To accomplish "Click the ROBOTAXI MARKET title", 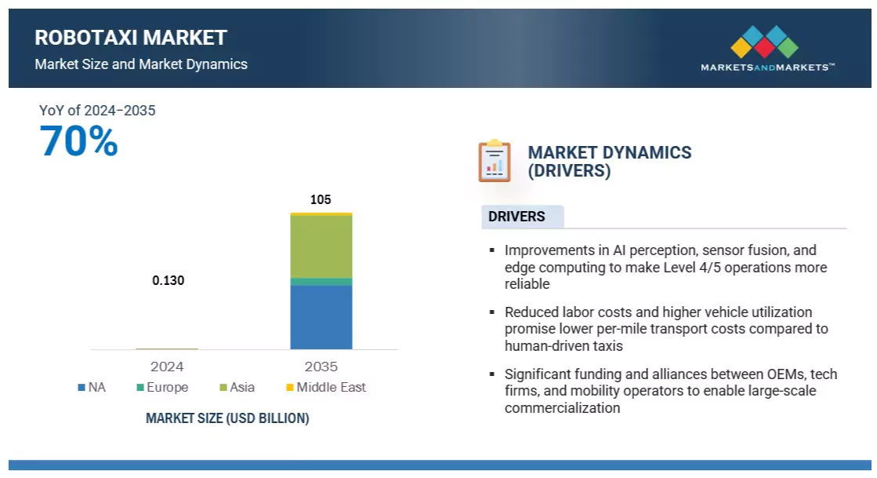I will click(131, 38).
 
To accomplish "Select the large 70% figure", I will click(79, 142).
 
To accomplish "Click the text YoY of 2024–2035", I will click(97, 111).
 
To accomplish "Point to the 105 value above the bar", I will click(321, 199).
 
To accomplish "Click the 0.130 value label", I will click(168, 280).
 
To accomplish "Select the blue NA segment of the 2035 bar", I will click(321, 317).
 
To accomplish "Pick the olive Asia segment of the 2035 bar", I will click(321, 246).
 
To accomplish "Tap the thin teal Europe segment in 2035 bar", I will click(321, 282).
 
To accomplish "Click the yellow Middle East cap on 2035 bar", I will click(321, 213).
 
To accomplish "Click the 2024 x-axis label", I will click(167, 367).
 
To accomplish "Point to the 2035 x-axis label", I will click(321, 367).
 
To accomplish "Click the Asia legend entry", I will click(237, 387).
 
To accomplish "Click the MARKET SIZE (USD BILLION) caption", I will click(227, 418).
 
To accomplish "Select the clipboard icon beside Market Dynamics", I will click(495, 161).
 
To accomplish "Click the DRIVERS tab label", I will click(516, 217).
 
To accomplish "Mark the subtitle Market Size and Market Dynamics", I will click(141, 64).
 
